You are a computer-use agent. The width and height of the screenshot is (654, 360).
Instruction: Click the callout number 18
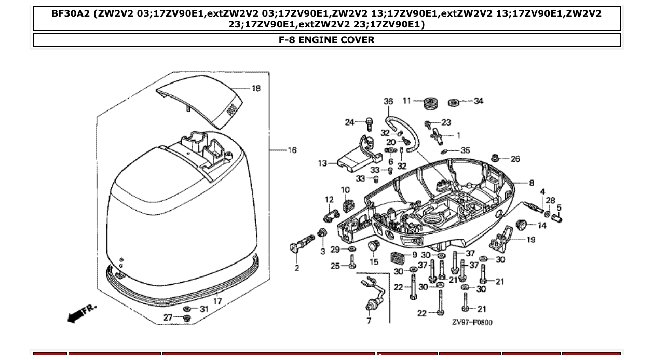tap(256, 89)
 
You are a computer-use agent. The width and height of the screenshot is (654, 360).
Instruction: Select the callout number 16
tap(292, 150)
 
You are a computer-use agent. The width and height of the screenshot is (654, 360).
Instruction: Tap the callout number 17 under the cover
tap(217, 301)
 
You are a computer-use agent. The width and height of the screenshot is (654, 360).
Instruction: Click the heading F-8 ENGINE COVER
tap(326, 40)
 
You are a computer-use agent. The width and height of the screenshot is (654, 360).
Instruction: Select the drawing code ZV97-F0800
tap(471, 322)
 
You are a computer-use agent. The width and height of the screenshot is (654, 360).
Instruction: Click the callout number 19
tap(530, 240)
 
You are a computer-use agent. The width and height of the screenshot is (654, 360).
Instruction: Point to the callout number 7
tap(369, 321)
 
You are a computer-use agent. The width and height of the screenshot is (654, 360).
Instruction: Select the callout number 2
tap(297, 268)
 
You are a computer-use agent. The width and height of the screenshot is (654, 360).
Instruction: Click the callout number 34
tap(478, 101)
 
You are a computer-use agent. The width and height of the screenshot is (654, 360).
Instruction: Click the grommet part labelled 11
tap(430, 103)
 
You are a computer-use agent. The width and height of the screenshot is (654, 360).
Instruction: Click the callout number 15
tap(374, 262)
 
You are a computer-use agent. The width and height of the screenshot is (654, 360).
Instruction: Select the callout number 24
tap(350, 122)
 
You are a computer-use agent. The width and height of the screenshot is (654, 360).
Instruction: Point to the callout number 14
tap(542, 226)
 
